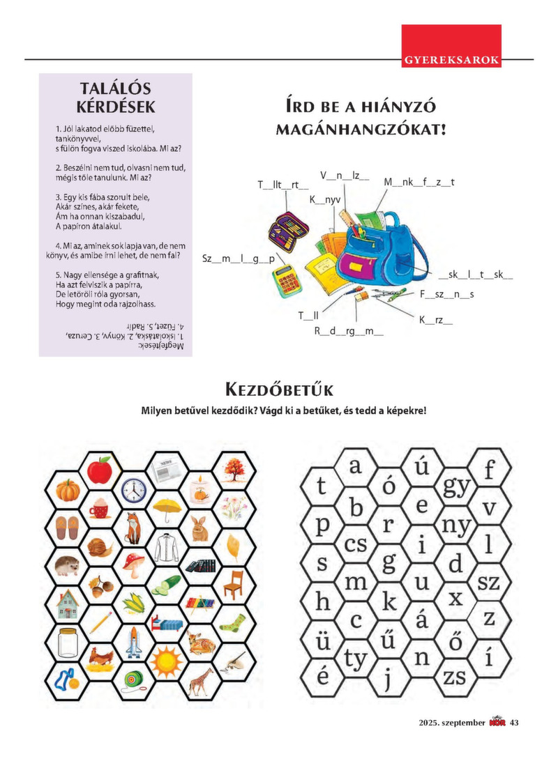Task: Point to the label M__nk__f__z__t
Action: (x=419, y=183)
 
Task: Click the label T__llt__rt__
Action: (x=282, y=185)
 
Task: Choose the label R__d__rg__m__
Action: (x=349, y=331)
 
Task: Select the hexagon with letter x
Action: (x=456, y=598)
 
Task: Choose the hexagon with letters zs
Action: (x=455, y=675)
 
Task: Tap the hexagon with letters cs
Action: (x=356, y=544)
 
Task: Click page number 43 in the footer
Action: (x=514, y=722)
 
